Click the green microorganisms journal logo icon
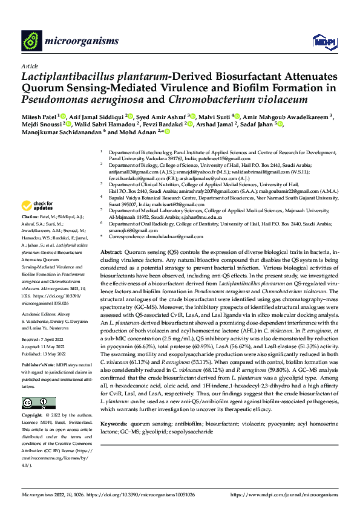31,41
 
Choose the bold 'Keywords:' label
114,426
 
